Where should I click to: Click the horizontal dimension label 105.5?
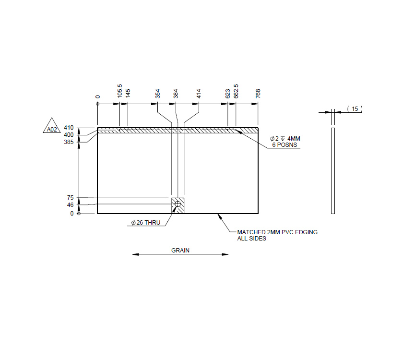[120, 93]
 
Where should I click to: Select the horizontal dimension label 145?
[128, 93]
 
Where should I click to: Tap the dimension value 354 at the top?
[158, 94]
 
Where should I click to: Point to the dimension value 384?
[176, 94]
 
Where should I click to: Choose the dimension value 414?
[199, 94]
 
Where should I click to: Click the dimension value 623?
[228, 94]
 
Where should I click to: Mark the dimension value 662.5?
[236, 92]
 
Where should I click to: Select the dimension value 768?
[258, 94]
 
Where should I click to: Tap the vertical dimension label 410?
[69, 128]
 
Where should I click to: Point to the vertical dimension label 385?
[69, 142]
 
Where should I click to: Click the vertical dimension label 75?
[70, 198]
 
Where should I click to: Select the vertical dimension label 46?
[70, 205]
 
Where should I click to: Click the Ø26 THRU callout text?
[145, 223]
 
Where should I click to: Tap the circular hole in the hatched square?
[178, 204]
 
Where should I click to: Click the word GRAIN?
[180, 250]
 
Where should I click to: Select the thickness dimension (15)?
[355, 109]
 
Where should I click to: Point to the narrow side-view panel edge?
[333, 170]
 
